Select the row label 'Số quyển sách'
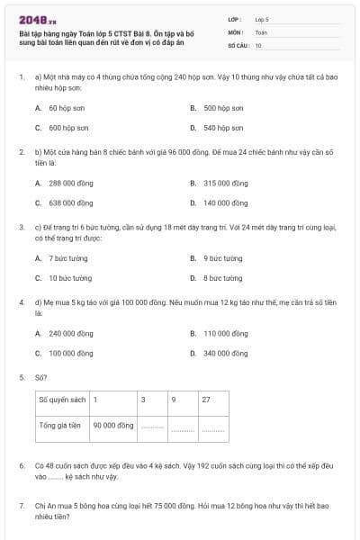[x=60, y=398]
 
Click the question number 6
[x=22, y=465]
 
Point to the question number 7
[x=22, y=506]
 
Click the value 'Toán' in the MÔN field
[x=261, y=31]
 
